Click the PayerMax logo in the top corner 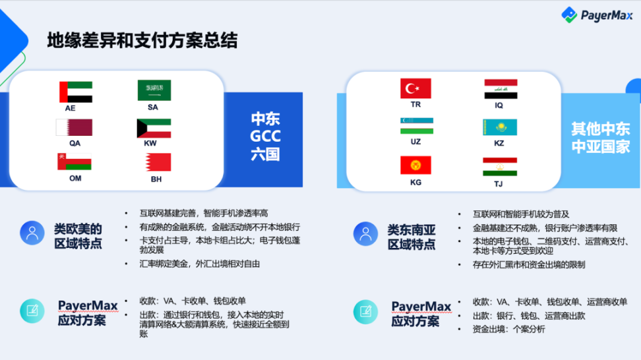pos(597,15)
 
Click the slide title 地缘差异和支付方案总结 pos(142,40)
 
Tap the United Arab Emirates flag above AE pos(76,92)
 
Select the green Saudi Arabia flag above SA pos(154,90)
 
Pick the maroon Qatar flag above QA pos(74,127)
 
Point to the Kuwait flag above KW pos(154,129)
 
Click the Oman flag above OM pos(75,162)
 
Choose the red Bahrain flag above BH pos(158,162)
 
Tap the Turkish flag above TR pos(415,88)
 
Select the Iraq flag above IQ pos(501,89)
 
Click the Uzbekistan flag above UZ pos(417,126)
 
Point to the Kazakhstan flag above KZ pos(500,127)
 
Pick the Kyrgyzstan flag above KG pos(415,165)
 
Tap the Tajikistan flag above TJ pos(500,167)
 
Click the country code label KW pos(150,144)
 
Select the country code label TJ pos(499,184)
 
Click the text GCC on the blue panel pos(265,136)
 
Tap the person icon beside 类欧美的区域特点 pos(32,233)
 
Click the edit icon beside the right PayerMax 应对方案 pos(365,312)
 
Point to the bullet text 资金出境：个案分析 pos(508,330)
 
